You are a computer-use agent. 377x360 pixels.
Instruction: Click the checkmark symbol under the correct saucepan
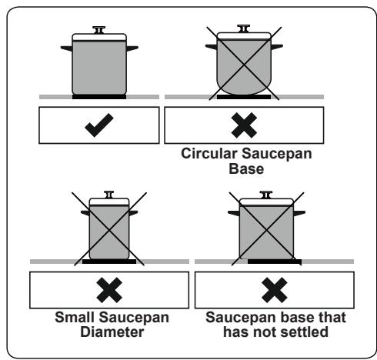[x=99, y=125]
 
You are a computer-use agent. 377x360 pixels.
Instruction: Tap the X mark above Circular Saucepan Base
[x=244, y=125]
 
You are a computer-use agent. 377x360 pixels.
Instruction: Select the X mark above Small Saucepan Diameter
[x=109, y=290]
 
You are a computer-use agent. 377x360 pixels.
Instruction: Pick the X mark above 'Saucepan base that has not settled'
[x=275, y=290]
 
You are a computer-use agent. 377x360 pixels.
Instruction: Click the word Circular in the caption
[x=209, y=154]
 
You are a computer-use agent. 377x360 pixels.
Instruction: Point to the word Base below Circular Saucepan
[x=246, y=168]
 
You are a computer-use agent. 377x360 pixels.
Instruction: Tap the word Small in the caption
[x=75, y=317]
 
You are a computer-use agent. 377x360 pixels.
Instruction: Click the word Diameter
[x=112, y=332]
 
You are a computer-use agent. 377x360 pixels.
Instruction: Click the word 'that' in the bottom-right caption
[x=332, y=317]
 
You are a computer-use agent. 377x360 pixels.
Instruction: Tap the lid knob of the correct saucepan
[x=99, y=30]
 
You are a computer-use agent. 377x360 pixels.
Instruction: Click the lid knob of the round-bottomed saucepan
[x=244, y=28]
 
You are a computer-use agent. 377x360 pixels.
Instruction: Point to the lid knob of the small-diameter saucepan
[x=109, y=195]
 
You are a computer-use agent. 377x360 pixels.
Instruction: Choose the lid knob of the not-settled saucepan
[x=266, y=195]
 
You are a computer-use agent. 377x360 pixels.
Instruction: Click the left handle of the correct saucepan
[x=67, y=48]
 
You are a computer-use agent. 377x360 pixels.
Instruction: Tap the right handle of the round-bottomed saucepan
[x=277, y=47]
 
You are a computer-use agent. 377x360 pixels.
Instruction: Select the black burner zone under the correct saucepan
[x=99, y=97]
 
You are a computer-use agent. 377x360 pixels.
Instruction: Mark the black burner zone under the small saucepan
[x=109, y=262]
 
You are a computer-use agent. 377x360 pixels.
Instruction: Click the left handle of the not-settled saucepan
[x=234, y=213]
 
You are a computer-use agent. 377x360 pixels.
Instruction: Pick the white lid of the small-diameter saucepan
[x=109, y=202]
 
